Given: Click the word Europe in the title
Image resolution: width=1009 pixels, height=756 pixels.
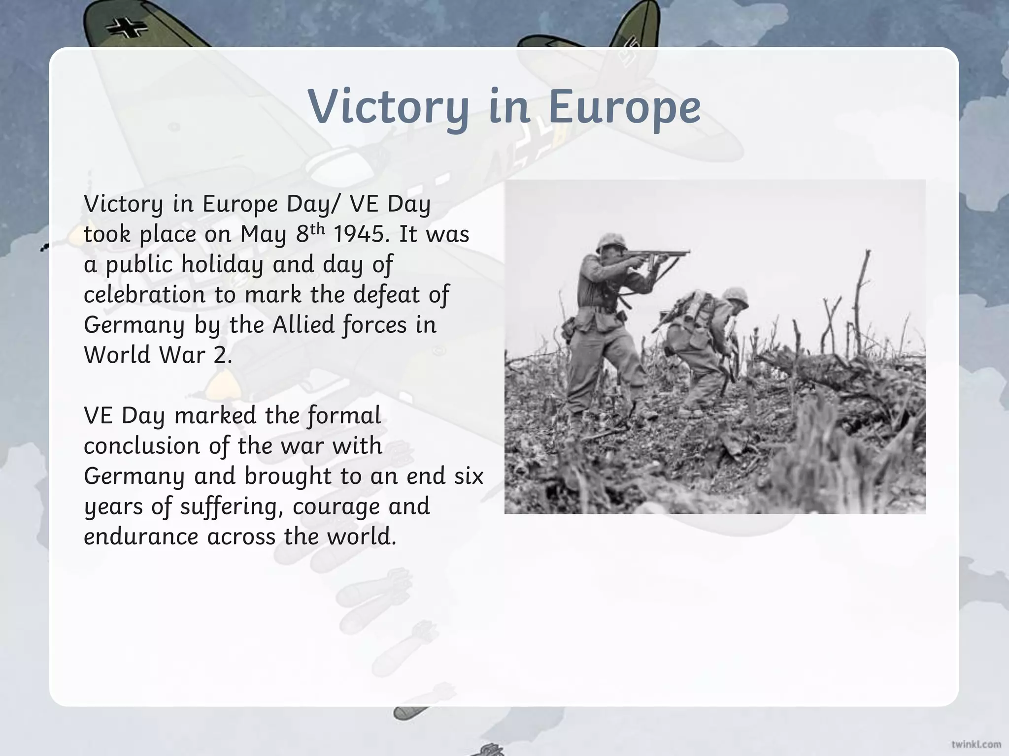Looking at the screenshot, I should [x=624, y=107].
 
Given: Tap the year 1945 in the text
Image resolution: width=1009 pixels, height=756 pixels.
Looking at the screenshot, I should [x=358, y=234].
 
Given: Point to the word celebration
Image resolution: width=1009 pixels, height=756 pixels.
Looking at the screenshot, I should [x=144, y=295].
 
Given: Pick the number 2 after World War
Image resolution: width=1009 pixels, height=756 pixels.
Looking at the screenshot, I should [x=221, y=355].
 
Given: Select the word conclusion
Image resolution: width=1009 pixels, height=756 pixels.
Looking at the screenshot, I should [x=141, y=446].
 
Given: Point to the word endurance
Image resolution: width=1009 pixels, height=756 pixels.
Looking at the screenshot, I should [x=141, y=536].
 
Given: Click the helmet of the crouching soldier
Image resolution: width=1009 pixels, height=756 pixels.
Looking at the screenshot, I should [x=736, y=296].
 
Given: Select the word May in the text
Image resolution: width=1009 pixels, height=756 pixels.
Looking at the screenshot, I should [x=263, y=234].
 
